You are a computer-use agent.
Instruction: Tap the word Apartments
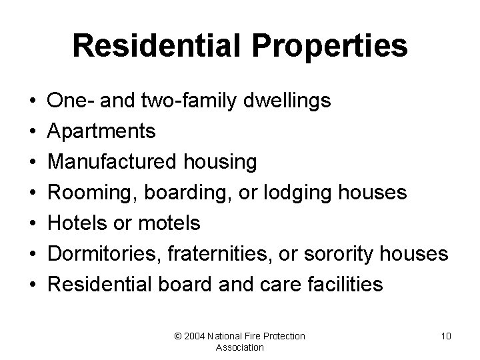(103, 131)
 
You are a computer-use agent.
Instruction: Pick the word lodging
(309, 193)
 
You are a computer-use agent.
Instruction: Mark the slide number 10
(446, 336)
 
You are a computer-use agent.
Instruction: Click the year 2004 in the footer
(195, 336)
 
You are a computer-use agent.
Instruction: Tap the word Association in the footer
(240, 347)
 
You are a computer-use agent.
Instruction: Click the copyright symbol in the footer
(177, 336)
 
